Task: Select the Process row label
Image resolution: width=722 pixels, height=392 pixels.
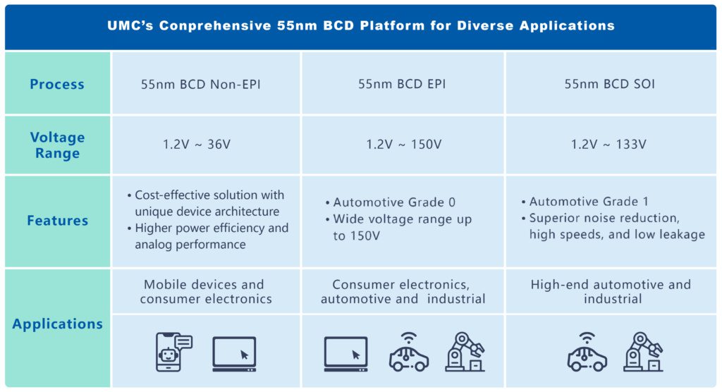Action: click(57, 85)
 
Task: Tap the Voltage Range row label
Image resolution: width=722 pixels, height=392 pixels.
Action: click(57, 145)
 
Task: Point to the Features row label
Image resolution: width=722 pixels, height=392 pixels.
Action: click(57, 221)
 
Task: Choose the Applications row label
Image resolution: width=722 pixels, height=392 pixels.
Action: click(57, 324)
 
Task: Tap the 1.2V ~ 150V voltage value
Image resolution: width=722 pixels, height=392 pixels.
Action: click(403, 145)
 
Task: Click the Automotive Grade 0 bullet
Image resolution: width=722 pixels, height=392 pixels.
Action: click(394, 202)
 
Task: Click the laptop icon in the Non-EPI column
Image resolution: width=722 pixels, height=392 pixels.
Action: click(234, 354)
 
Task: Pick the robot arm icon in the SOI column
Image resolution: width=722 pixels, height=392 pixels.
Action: click(643, 352)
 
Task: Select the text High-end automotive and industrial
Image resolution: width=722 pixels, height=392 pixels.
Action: click(611, 292)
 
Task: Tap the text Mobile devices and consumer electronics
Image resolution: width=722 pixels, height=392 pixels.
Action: click(205, 292)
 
